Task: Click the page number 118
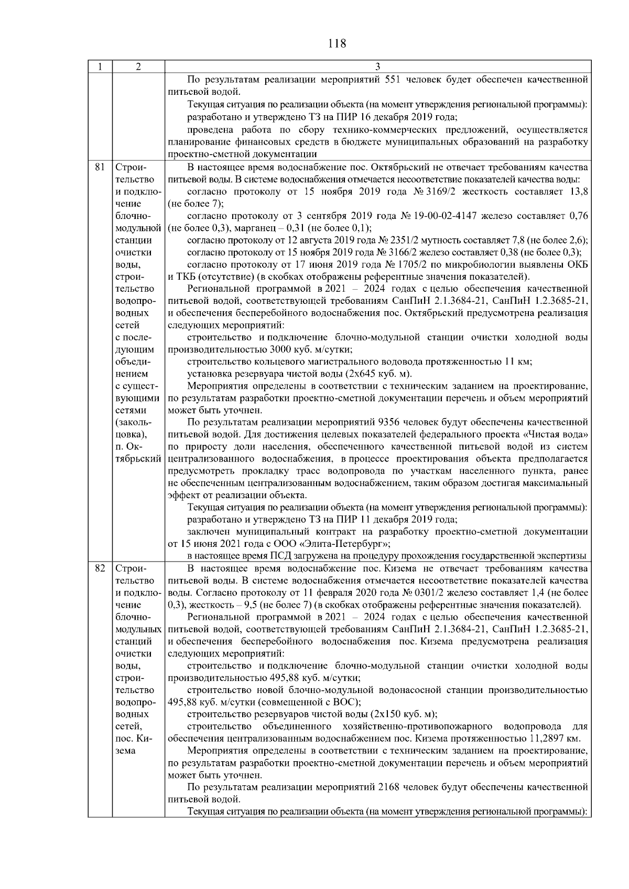(x=337, y=43)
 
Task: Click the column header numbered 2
(x=138, y=67)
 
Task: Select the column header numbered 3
(x=377, y=67)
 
